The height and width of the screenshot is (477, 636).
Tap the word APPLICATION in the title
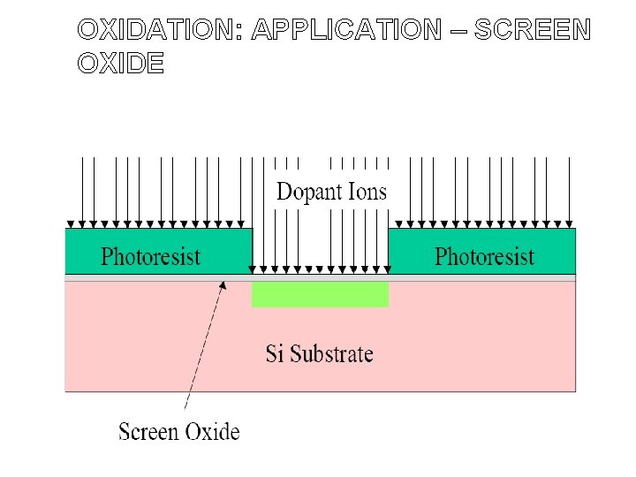[344, 30]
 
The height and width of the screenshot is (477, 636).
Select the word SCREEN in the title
[532, 30]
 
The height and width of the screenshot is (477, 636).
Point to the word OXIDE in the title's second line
[120, 64]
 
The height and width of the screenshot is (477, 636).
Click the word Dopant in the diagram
[308, 192]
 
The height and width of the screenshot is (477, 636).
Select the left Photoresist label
[151, 257]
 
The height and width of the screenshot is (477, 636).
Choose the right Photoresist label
[484, 257]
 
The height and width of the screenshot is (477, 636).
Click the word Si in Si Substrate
[275, 354]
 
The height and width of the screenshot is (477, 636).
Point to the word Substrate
[331, 355]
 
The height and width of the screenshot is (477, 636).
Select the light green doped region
[320, 294]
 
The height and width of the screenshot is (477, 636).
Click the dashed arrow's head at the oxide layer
[223, 284]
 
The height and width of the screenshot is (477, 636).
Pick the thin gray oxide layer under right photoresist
[482, 277]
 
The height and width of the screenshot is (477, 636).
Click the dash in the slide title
[457, 31]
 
